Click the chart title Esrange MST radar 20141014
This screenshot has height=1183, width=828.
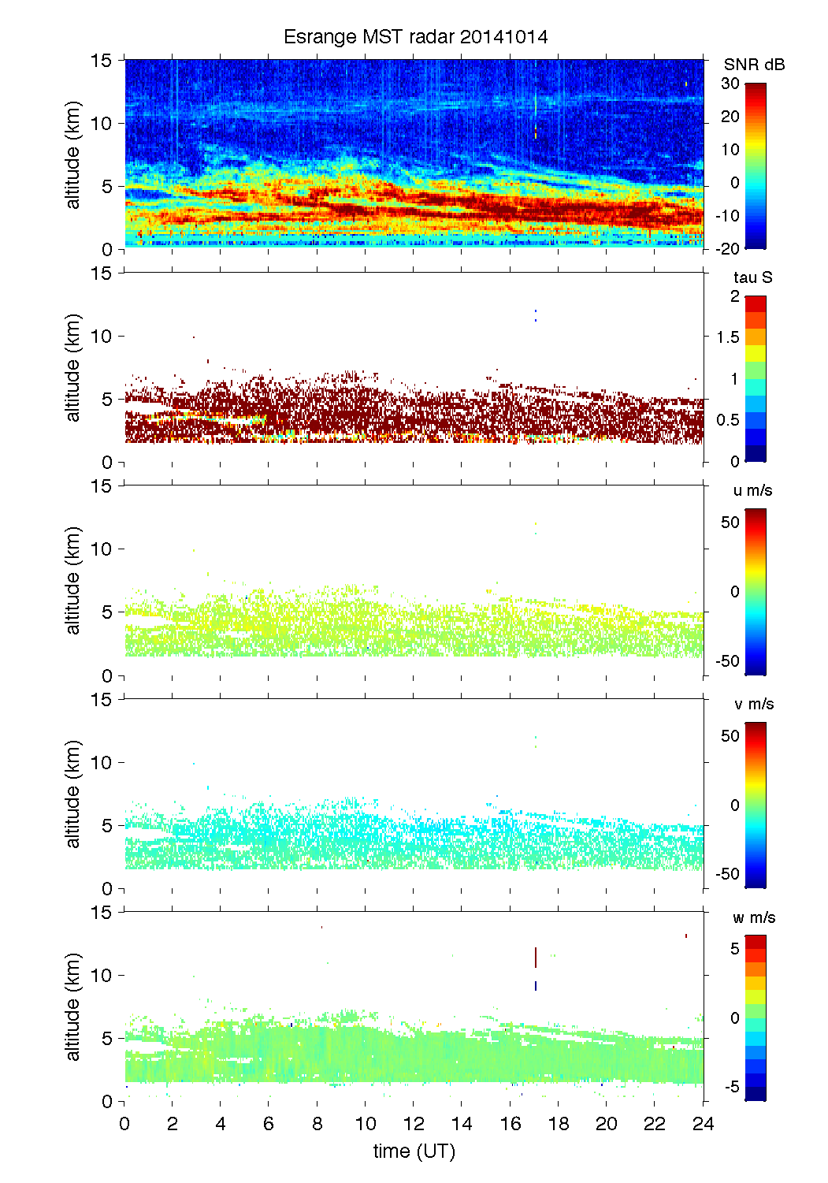tap(415, 37)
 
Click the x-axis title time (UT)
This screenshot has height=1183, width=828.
tap(414, 1151)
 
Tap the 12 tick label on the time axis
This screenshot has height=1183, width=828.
tap(414, 1124)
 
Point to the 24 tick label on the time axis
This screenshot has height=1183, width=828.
tap(703, 1124)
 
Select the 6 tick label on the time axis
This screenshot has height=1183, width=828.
tap(269, 1124)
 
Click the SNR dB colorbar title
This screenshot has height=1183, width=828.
tap(754, 65)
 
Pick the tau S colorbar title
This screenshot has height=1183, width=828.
tap(752, 277)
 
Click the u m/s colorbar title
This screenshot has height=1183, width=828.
tap(752, 490)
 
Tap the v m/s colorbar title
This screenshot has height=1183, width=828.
tap(753, 704)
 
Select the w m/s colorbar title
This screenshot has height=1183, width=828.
tap(754, 917)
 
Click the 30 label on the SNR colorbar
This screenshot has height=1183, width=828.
tap(730, 84)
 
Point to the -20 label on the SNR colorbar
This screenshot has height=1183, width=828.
tap(727, 249)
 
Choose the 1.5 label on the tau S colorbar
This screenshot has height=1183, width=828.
tap(727, 337)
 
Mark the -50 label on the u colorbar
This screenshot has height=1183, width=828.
tap(727, 661)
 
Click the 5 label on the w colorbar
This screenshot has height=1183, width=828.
tap(734, 949)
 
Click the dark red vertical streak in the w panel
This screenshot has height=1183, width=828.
tap(536, 958)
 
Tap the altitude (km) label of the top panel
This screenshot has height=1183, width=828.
tap(73, 154)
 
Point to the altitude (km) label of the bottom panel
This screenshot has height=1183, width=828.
tap(73, 1006)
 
